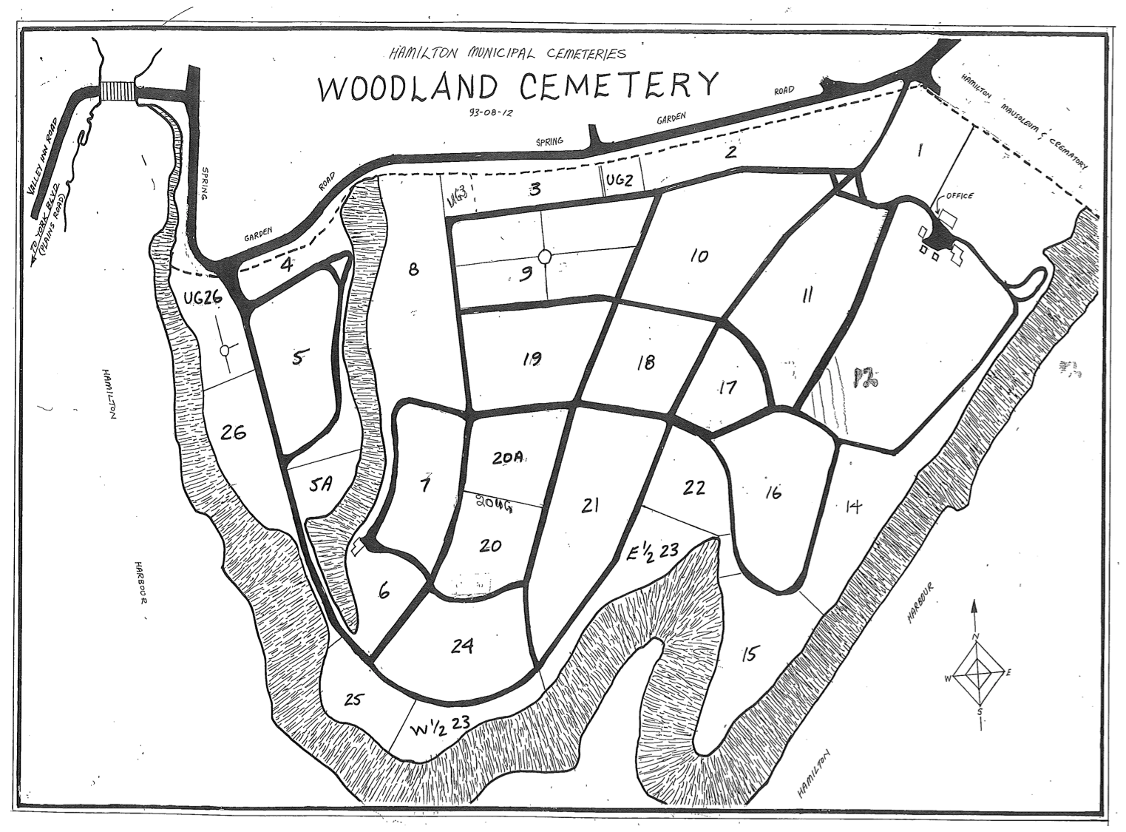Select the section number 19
pyautogui.click(x=531, y=359)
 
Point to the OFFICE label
pyautogui.click(x=958, y=196)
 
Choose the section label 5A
pyautogui.click(x=321, y=487)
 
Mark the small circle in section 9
pyautogui.click(x=545, y=257)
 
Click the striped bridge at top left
pyautogui.click(x=118, y=90)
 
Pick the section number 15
pyautogui.click(x=750, y=655)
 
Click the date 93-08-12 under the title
pyautogui.click(x=487, y=113)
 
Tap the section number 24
pyautogui.click(x=461, y=646)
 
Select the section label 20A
pyautogui.click(x=508, y=458)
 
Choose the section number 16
pyautogui.click(x=772, y=493)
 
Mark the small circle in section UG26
pyautogui.click(x=225, y=351)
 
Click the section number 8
pyautogui.click(x=413, y=269)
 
